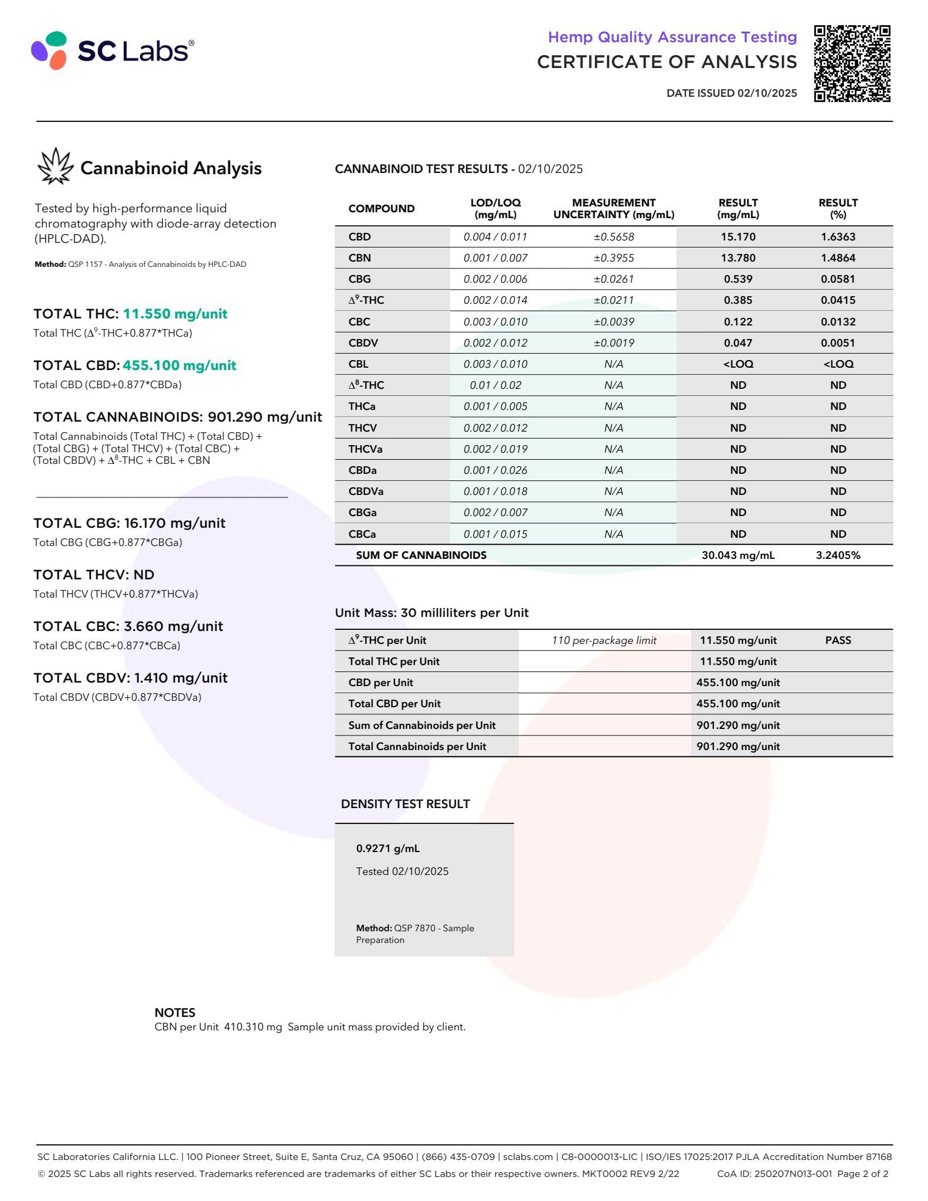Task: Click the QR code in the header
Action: [852, 63]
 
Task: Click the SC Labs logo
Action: [112, 50]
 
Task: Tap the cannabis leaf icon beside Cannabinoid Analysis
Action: [55, 167]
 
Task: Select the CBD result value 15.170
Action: [737, 237]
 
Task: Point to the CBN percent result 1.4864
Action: [838, 258]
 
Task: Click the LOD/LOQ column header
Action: [495, 209]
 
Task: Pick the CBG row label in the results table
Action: [359, 279]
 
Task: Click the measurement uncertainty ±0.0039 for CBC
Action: [614, 322]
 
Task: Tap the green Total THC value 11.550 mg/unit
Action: [175, 314]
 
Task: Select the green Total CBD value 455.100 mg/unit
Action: [179, 365]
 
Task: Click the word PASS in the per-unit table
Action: [838, 640]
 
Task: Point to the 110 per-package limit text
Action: [604, 640]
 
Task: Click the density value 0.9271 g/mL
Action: [387, 849]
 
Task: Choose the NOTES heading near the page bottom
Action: [175, 1013]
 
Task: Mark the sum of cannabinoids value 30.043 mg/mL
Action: [737, 555]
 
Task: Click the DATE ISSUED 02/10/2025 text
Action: [731, 93]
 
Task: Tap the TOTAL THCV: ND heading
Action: [94, 575]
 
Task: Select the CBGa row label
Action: [362, 513]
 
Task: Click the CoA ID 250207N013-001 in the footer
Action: [774, 1174]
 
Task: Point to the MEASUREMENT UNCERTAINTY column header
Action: [614, 209]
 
